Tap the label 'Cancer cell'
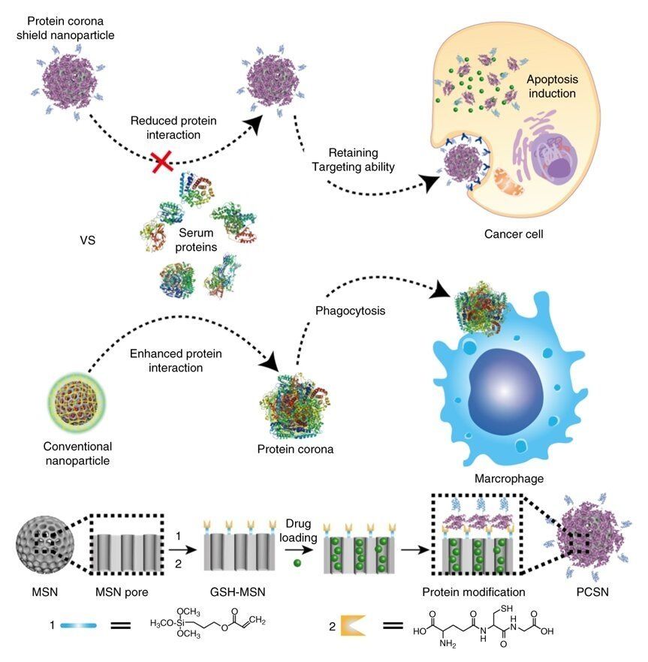(x=514, y=234)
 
